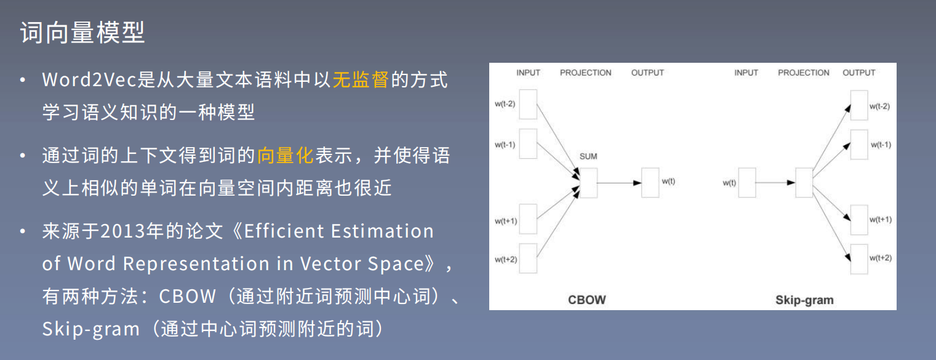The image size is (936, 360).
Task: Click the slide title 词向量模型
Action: click(82, 33)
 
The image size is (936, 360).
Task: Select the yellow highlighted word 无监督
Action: click(360, 80)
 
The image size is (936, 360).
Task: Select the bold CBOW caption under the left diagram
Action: click(586, 300)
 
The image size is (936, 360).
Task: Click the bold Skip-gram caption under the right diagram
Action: click(804, 300)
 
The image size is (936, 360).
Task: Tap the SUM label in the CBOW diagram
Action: click(588, 156)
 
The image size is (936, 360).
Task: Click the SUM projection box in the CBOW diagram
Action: click(588, 183)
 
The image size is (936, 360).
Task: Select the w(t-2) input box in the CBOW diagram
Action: click(528, 105)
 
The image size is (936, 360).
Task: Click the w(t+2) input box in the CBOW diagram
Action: click(528, 258)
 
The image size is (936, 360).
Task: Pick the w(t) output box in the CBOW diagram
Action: click(650, 183)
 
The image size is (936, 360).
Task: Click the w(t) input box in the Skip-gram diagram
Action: click(747, 183)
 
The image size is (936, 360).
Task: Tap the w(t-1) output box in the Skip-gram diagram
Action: click(859, 145)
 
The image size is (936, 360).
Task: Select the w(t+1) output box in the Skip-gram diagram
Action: click(859, 220)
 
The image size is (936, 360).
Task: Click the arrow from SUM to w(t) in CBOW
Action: click(619, 183)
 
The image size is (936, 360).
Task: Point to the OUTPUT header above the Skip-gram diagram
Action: click(858, 73)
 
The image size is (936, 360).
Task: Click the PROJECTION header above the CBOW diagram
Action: click(585, 73)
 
